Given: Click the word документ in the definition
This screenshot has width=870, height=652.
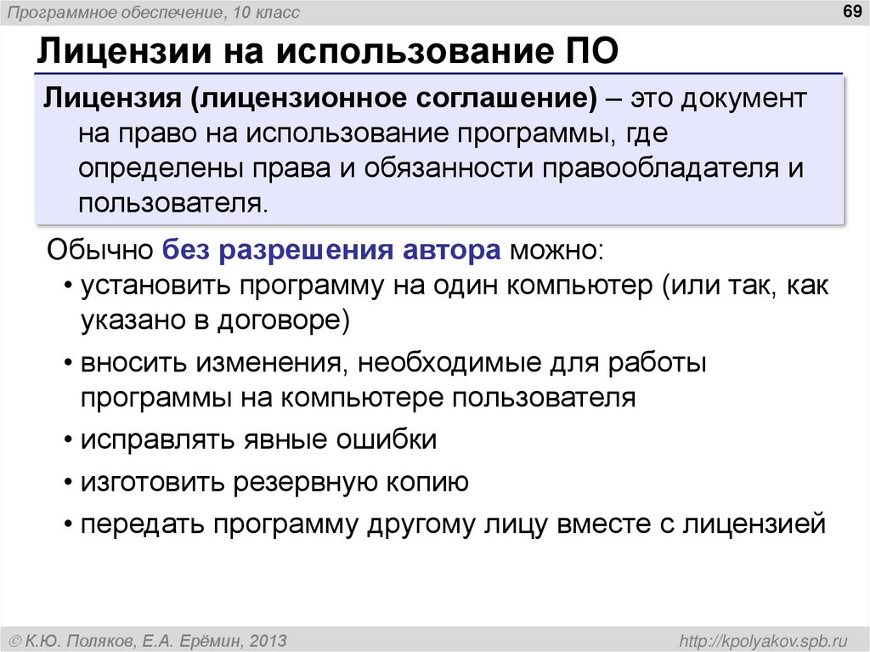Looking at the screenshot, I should [x=743, y=98].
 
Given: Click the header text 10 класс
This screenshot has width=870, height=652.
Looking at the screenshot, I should [x=264, y=12].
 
